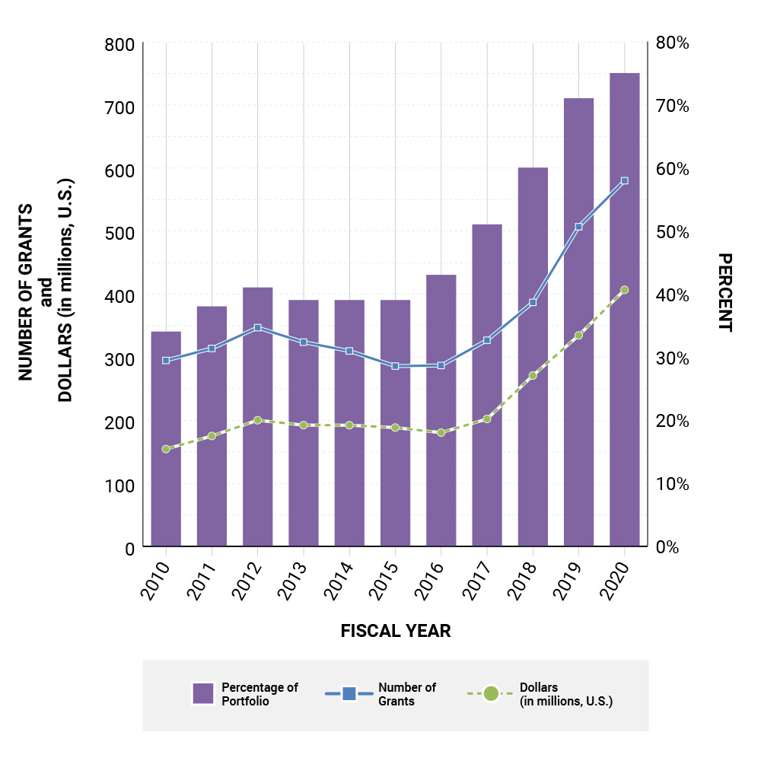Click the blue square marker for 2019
click(x=578, y=227)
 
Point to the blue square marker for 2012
click(x=257, y=328)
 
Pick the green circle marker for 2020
click(x=624, y=290)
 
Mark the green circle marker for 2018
click(x=533, y=376)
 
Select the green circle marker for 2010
click(x=166, y=449)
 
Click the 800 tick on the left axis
click(x=118, y=44)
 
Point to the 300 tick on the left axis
click(x=118, y=358)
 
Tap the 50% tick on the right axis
click(x=673, y=232)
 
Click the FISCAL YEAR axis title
click(x=395, y=632)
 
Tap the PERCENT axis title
click(x=724, y=292)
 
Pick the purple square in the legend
click(x=203, y=693)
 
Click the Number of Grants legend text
click(x=407, y=694)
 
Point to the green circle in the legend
click(x=491, y=693)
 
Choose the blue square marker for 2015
click(x=395, y=366)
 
